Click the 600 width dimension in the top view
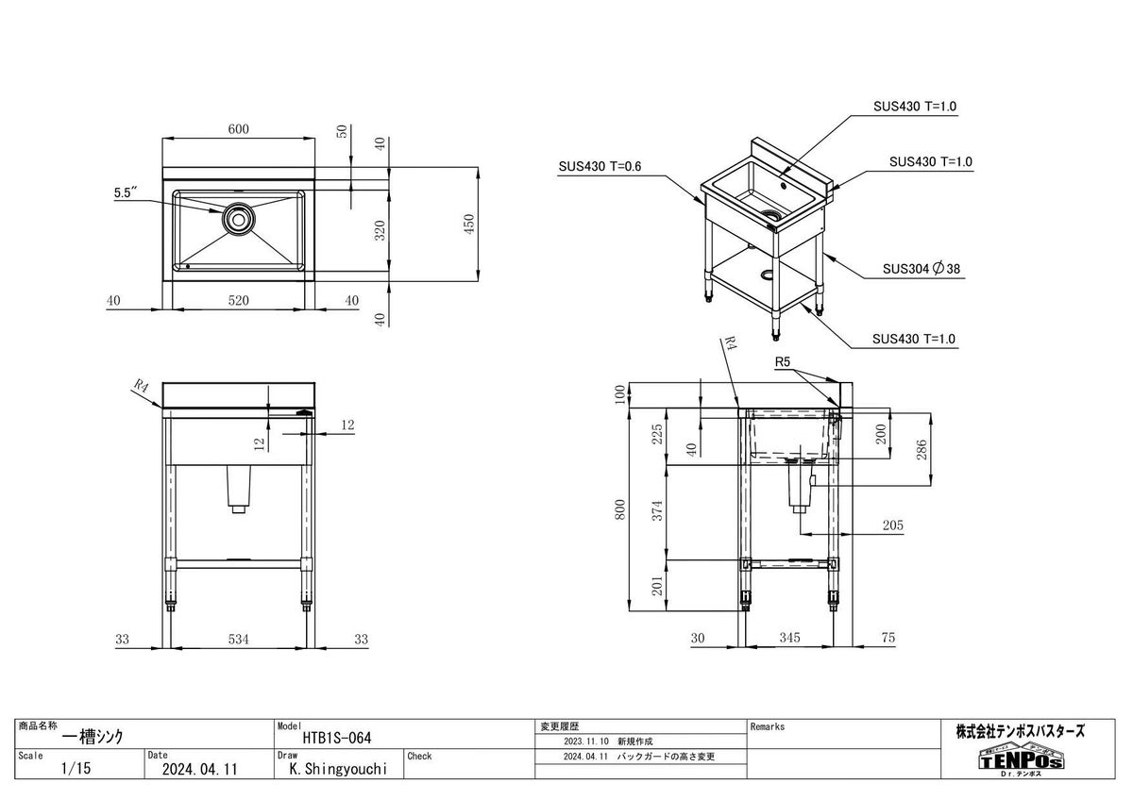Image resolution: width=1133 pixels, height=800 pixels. coord(238,130)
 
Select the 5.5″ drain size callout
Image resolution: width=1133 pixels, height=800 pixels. coord(127,192)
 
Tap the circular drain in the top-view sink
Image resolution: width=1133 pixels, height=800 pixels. coord(238,219)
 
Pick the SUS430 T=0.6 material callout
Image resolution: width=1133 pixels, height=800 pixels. coord(600,167)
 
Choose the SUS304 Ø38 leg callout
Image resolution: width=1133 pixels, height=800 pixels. coord(922,269)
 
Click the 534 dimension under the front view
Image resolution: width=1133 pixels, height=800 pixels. coord(238,640)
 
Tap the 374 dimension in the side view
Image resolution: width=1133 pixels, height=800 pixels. coord(660,510)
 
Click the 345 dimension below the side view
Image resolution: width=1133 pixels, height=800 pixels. coord(789,639)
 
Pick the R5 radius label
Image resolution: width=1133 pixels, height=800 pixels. coord(782,361)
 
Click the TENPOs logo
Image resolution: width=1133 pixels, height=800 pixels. coord(1021,759)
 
